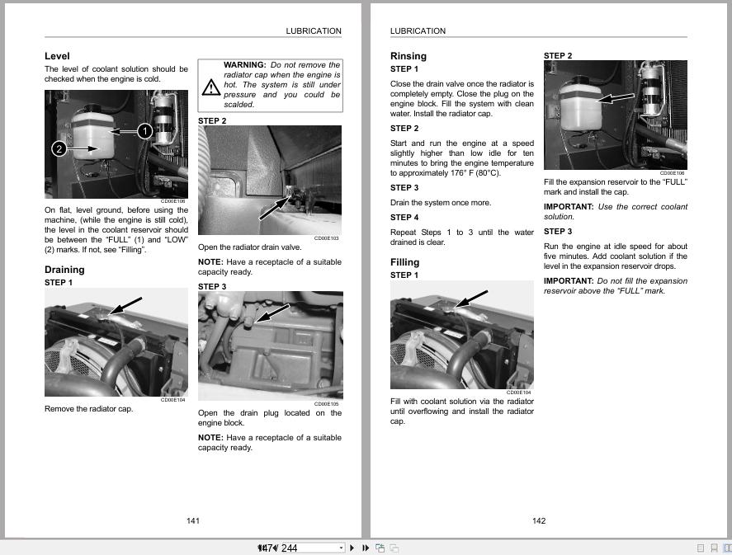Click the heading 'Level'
pos(57,56)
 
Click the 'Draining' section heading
pos(64,270)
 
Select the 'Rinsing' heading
pos(409,56)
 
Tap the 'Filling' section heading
pos(404,262)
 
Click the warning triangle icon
pos(210,85)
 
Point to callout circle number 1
pos(144,130)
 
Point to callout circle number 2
pos(59,149)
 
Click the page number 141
pos(193,520)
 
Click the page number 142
pos(539,520)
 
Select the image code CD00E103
pos(328,238)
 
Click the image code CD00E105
pos(328,404)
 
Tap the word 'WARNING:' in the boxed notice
pos(244,65)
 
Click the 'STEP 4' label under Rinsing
pos(404,218)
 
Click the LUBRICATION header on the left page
pos(314,31)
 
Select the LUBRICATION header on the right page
pos(418,31)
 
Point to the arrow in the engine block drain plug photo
pos(273,313)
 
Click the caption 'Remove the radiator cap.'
pos(88,409)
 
